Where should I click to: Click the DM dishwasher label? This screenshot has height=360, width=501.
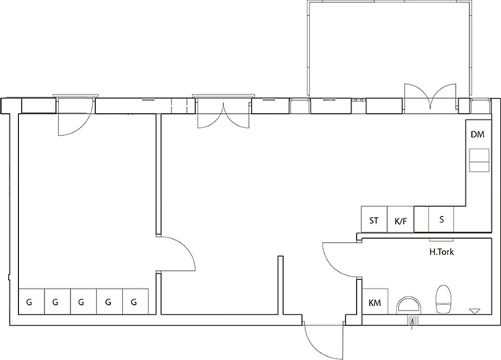click(477, 134)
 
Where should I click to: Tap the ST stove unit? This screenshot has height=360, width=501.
click(374, 219)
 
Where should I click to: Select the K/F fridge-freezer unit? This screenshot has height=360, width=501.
click(400, 219)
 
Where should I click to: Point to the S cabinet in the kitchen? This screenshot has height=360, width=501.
click(441, 219)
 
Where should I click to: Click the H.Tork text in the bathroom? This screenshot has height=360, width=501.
click(441, 252)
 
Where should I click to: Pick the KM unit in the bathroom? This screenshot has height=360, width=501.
click(375, 302)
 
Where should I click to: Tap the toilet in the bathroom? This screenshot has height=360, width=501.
click(444, 299)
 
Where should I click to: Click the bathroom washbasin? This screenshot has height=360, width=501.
click(409, 305)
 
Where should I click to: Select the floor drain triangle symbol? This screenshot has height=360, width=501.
click(474, 310)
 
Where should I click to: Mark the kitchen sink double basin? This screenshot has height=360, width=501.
click(479, 160)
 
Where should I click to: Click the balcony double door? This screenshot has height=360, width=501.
click(430, 97)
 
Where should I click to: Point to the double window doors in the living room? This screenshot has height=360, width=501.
click(223, 114)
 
